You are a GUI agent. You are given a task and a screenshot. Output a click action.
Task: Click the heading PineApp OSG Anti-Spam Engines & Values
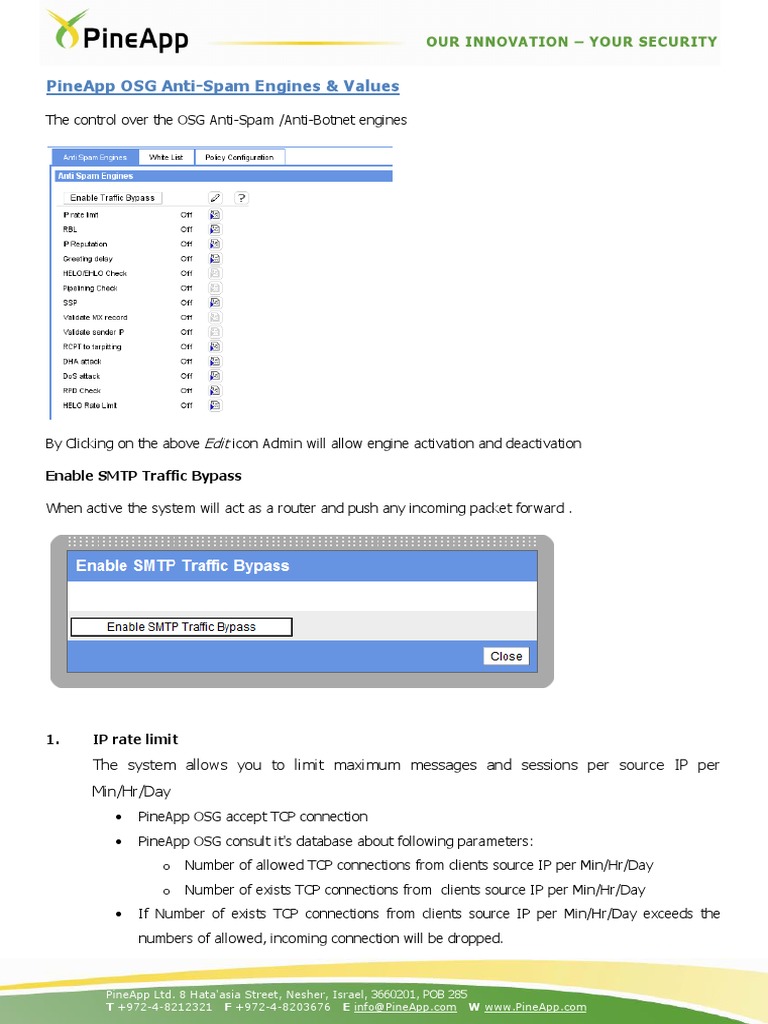(222, 86)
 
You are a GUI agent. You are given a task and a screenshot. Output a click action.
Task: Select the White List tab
(166, 157)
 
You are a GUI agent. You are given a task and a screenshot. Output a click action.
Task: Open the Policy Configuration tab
(239, 157)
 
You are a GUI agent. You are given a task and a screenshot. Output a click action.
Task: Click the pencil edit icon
(215, 198)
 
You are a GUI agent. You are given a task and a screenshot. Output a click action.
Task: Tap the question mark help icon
(241, 198)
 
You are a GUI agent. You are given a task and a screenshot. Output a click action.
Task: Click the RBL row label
(70, 229)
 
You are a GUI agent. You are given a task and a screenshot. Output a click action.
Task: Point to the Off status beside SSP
(186, 302)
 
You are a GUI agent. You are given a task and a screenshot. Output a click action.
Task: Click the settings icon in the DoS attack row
(215, 376)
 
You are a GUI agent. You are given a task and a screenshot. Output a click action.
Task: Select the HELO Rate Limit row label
(90, 405)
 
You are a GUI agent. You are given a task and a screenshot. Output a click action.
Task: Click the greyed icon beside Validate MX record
(215, 317)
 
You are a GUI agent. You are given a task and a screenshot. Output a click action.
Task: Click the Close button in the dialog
(506, 656)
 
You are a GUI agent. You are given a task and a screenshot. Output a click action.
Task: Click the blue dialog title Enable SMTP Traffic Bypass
(182, 566)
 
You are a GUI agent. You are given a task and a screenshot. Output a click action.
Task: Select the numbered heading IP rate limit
(135, 739)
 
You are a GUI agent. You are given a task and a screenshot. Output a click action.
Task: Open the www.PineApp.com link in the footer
(535, 1007)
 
